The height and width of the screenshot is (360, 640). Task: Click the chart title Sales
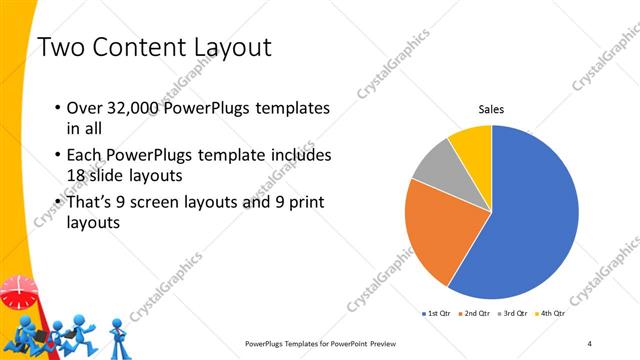[491, 109]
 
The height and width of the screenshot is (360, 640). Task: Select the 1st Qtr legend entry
[436, 314]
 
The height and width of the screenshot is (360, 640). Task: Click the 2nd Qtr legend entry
[474, 314]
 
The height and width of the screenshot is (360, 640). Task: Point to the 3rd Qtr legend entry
[513, 314]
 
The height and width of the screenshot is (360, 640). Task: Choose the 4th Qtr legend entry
[551, 314]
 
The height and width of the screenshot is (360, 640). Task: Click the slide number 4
[590, 343]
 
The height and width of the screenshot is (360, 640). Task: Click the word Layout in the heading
[225, 47]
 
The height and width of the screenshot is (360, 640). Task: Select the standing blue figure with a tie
[117, 335]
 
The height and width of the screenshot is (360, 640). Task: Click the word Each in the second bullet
[86, 156]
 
